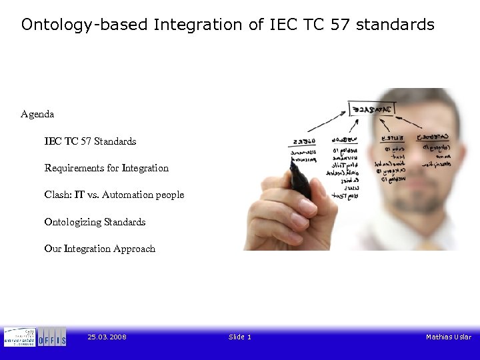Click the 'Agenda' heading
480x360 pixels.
(37, 114)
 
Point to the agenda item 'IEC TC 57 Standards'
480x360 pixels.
(90, 141)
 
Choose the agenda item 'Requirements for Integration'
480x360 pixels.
(106, 168)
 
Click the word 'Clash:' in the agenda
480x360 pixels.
(57, 195)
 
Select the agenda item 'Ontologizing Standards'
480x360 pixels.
(95, 222)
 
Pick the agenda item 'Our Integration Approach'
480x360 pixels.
(99, 249)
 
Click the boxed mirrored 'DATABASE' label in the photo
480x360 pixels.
(372, 109)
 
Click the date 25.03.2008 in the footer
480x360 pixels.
(107, 337)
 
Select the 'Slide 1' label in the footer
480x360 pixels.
(240, 337)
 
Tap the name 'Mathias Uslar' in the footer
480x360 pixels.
(448, 337)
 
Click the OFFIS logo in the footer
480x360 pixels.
(52, 337)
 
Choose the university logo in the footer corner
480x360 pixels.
(19, 337)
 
